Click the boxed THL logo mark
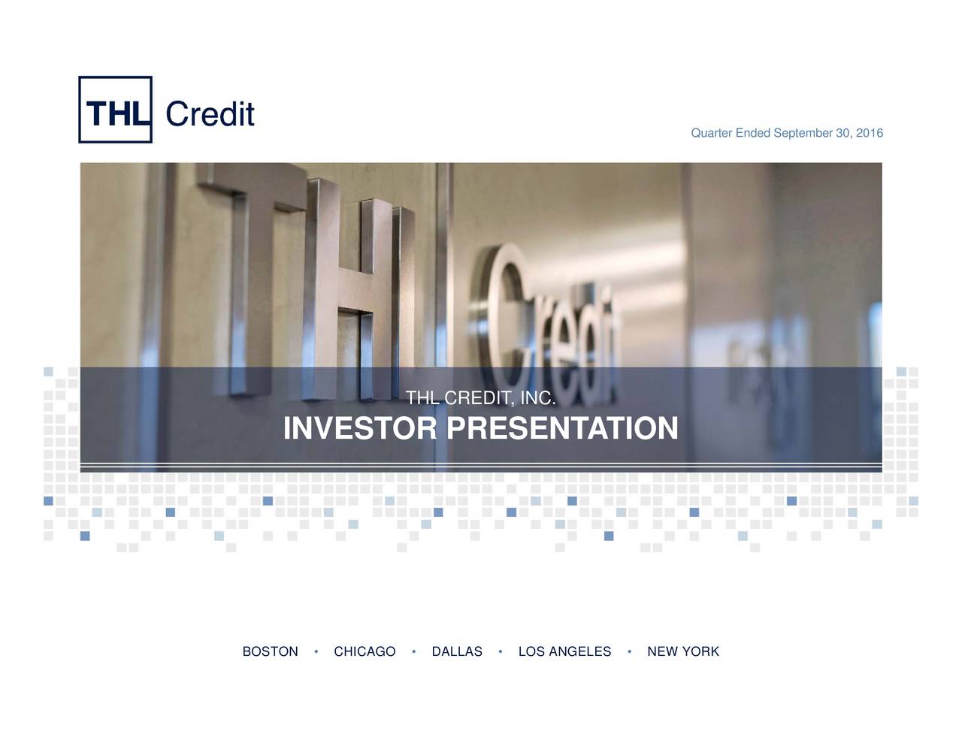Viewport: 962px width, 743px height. (115, 110)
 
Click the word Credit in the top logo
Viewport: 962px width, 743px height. (210, 114)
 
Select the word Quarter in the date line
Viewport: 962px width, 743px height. (711, 134)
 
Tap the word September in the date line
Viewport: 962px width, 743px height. (803, 134)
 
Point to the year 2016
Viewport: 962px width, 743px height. (870, 134)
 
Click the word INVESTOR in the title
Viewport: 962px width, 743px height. (359, 429)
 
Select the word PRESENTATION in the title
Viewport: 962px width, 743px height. (562, 429)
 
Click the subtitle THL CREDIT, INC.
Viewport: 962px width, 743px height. (480, 398)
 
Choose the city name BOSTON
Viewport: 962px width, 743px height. (270, 652)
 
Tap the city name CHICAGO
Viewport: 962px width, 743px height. (365, 652)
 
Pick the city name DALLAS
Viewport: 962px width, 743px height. (457, 652)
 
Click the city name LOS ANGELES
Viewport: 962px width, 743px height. (564, 652)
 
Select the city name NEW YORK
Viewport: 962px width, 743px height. (682, 652)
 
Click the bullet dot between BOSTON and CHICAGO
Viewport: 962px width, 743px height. (316, 651)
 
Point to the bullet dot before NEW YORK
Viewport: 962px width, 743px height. (629, 651)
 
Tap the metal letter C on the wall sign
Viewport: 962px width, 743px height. (504, 316)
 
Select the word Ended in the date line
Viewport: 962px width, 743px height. (752, 134)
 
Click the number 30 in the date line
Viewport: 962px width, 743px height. (843, 134)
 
